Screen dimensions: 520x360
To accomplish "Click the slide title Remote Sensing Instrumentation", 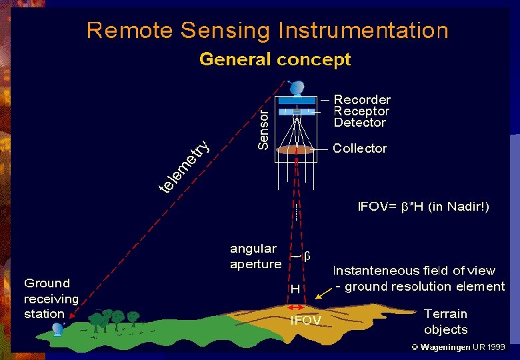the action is click(267, 31).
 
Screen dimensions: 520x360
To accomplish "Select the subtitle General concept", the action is click(275, 59).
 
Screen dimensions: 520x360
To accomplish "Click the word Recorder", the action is click(362, 99).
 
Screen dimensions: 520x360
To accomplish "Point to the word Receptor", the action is click(361, 111).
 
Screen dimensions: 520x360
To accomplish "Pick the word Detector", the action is click(360, 123).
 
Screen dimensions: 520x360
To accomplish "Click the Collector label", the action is click(359, 148).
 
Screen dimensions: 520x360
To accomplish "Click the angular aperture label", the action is click(255, 256).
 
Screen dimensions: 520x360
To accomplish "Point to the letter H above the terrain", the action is click(295, 289).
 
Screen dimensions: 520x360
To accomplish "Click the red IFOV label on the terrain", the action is click(305, 321).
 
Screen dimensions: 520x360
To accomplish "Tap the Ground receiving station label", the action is click(51, 298).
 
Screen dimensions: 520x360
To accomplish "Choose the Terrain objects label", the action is click(445, 321).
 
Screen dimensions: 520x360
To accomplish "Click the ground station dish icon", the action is click(58, 329).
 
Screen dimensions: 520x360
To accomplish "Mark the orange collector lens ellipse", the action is click(295, 150).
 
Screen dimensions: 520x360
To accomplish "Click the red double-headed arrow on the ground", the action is click(295, 307).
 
